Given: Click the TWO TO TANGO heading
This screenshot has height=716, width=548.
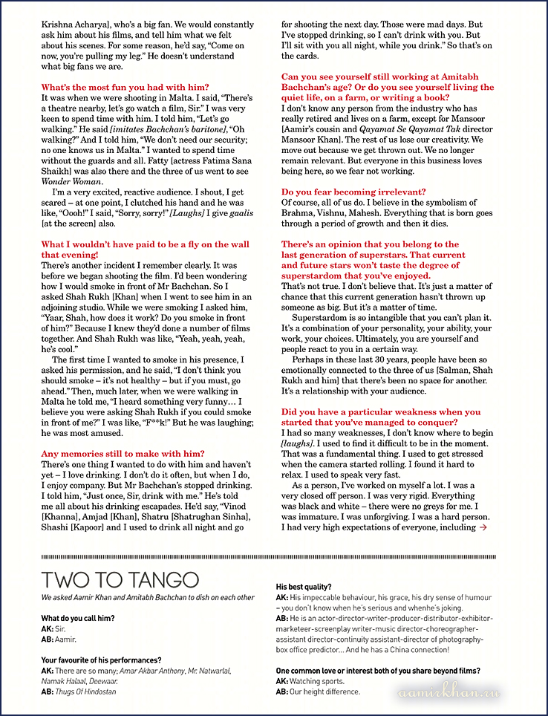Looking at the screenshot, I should (x=120, y=579).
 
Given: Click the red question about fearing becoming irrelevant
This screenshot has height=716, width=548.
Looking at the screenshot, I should (x=353, y=192).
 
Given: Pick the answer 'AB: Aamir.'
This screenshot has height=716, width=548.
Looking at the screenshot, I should (x=59, y=638).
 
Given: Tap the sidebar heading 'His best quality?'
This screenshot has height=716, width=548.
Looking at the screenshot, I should (x=304, y=586).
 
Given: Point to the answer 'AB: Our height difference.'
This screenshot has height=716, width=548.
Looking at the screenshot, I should (x=323, y=691).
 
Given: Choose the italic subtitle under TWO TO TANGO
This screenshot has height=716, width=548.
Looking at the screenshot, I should (x=147, y=597).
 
